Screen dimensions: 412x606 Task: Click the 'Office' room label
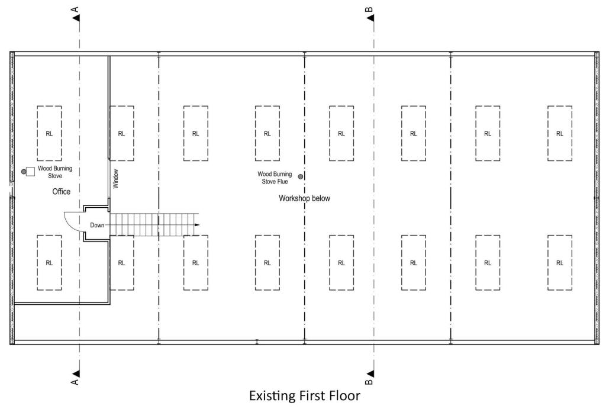point(61,192)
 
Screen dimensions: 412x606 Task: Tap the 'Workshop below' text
point(304,198)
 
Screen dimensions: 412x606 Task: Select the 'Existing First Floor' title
point(304,395)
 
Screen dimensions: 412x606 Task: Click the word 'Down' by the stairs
point(98,225)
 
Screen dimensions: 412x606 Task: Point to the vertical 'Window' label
point(116,179)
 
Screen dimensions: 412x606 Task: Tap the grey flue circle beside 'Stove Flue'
point(301,176)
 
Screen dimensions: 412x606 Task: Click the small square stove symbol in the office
point(31,172)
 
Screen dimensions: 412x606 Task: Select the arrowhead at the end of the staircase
point(197,225)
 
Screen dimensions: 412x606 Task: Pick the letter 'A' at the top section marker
point(75,9)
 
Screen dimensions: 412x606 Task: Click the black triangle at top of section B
point(370,19)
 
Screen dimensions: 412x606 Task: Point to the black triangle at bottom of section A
point(76,374)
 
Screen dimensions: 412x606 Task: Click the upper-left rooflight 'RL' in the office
point(49,133)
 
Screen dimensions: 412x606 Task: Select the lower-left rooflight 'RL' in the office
point(49,263)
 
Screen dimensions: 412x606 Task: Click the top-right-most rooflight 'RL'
point(559,133)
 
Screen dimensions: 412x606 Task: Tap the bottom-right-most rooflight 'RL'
point(559,263)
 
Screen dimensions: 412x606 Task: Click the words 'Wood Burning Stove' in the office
point(55,172)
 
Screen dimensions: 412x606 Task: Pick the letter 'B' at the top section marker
point(369,9)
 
